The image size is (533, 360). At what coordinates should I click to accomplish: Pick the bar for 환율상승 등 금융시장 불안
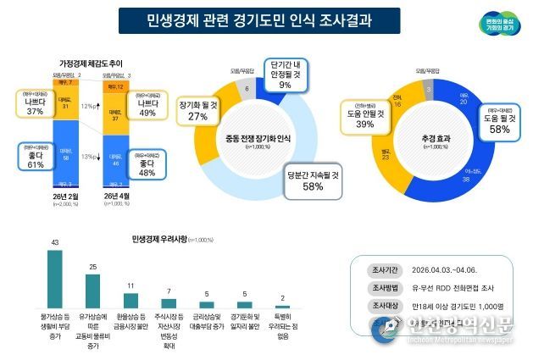tap(130, 301)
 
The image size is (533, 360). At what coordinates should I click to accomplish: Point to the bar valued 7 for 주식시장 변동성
tap(169, 303)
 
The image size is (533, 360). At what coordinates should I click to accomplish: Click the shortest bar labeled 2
tap(282, 307)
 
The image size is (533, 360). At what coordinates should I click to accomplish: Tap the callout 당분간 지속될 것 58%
tap(313, 180)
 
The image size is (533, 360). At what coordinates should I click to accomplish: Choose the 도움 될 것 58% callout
tap(488, 124)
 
